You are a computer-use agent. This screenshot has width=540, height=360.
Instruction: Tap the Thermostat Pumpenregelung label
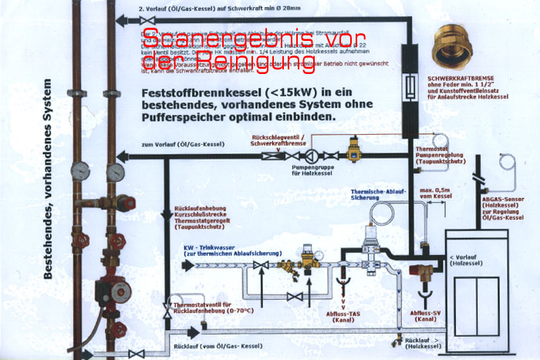tap(441, 154)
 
